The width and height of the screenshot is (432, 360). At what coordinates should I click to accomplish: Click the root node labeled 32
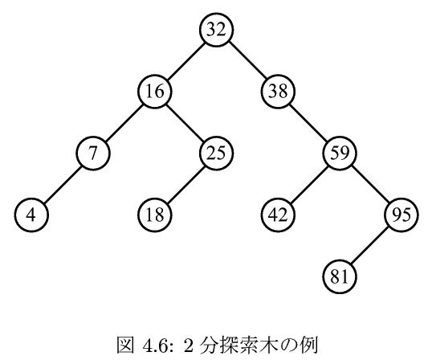pyautogui.click(x=217, y=29)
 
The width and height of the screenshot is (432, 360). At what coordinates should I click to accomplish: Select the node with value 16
pyautogui.click(x=155, y=92)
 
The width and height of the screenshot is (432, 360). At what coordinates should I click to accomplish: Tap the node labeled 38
pyautogui.click(x=278, y=92)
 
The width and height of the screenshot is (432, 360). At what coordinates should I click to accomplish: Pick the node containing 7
pyautogui.click(x=93, y=153)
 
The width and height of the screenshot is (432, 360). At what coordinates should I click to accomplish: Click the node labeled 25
pyautogui.click(x=217, y=153)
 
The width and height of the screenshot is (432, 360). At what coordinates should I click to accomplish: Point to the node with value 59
pyautogui.click(x=340, y=153)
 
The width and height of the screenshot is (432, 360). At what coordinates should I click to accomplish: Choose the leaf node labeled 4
pyautogui.click(x=31, y=215)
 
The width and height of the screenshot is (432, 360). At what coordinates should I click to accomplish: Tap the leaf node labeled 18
pyautogui.click(x=155, y=215)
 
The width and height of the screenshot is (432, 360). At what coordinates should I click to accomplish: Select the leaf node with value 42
pyautogui.click(x=278, y=215)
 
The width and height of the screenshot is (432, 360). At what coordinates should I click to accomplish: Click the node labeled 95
pyautogui.click(x=401, y=215)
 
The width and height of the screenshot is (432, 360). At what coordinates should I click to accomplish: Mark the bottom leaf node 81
pyautogui.click(x=340, y=276)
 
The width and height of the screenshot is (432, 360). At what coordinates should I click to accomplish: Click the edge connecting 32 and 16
pyautogui.click(x=185, y=60)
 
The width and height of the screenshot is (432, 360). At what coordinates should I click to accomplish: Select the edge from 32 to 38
pyautogui.click(x=247, y=60)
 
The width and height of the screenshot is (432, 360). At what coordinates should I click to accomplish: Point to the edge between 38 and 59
pyautogui.click(x=309, y=122)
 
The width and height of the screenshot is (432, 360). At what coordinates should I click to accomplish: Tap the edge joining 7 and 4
pyautogui.click(x=63, y=184)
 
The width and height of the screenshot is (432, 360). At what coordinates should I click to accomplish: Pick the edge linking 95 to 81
pyautogui.click(x=370, y=246)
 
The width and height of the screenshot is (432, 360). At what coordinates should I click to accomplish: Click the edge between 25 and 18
pyautogui.click(x=185, y=184)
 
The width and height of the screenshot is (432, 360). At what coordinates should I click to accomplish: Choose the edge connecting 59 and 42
pyautogui.click(x=309, y=184)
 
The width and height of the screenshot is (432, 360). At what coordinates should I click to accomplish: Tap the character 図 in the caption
pyautogui.click(x=125, y=345)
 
